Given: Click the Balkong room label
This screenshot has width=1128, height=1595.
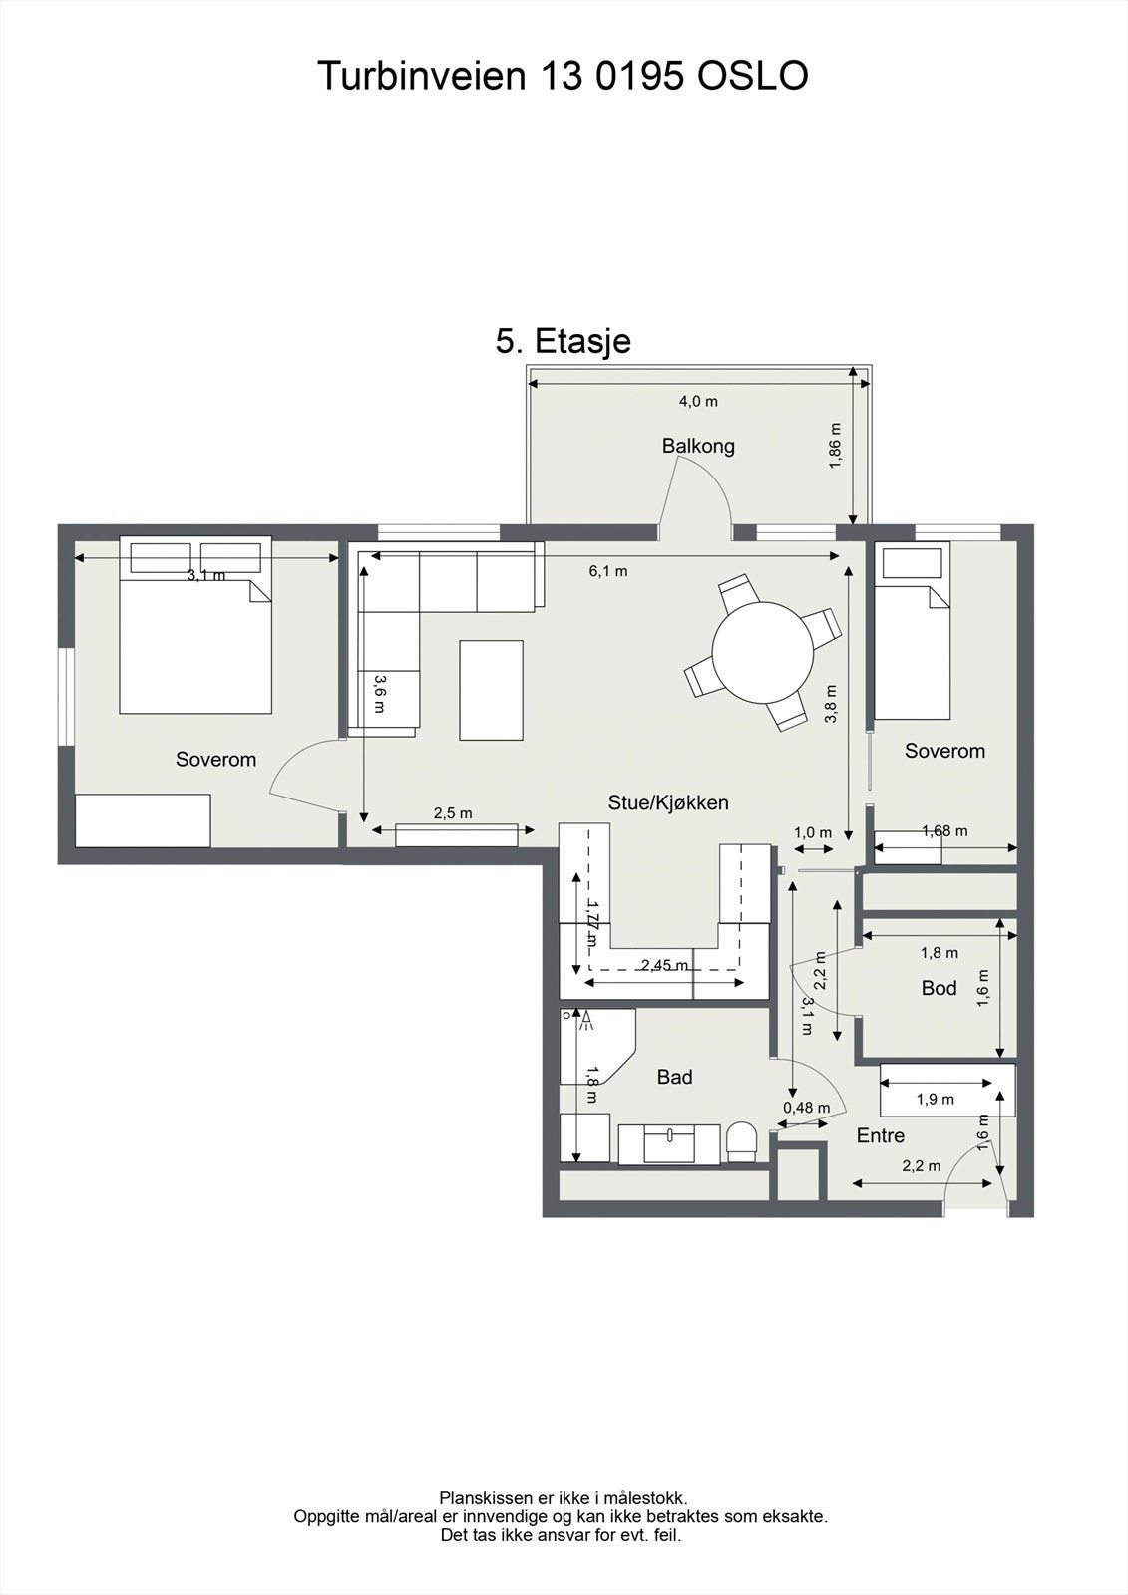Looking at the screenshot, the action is [x=697, y=446].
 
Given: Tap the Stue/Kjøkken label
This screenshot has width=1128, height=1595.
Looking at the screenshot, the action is [x=667, y=802].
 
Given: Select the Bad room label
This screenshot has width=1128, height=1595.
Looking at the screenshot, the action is [x=674, y=1077].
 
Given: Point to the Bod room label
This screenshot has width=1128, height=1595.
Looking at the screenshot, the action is [x=939, y=988].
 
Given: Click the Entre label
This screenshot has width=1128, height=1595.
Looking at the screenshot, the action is [x=880, y=1135].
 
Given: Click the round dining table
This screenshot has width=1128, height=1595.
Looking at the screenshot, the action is [x=762, y=652].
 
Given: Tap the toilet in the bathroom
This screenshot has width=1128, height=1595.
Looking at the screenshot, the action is [x=741, y=1142].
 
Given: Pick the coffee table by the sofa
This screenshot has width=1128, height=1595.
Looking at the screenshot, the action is [x=491, y=690].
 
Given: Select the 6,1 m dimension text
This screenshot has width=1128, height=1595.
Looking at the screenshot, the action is [x=607, y=571].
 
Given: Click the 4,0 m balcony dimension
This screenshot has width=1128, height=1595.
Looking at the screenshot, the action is [x=697, y=401].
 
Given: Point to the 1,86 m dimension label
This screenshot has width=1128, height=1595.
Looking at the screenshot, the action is [x=835, y=446].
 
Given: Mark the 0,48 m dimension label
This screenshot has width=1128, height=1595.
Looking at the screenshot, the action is [x=806, y=1108].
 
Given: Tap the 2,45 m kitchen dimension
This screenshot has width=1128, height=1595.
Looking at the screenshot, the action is [x=664, y=966].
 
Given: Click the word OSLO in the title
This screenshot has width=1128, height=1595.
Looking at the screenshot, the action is [x=752, y=76].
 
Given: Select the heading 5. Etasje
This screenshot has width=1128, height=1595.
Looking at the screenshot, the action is [x=563, y=340].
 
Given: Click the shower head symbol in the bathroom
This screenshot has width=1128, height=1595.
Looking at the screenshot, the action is [x=586, y=1021].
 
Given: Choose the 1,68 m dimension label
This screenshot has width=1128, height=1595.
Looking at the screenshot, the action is [x=944, y=831].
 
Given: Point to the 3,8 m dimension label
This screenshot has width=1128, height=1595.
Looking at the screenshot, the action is [x=830, y=703].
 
